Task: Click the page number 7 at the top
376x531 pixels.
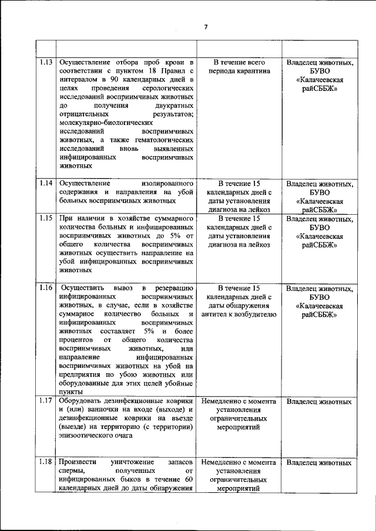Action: [x=206, y=27]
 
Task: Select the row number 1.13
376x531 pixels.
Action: [x=46, y=62]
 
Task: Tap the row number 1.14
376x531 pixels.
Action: [x=46, y=184]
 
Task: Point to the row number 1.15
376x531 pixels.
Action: [x=46, y=218]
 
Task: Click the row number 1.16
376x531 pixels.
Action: [x=46, y=288]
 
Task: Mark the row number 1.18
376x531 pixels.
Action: [x=46, y=462]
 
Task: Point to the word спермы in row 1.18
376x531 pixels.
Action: [x=71, y=471]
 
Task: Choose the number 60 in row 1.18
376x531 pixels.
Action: [x=188, y=479]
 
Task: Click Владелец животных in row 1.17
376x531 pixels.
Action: [x=319, y=402]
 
